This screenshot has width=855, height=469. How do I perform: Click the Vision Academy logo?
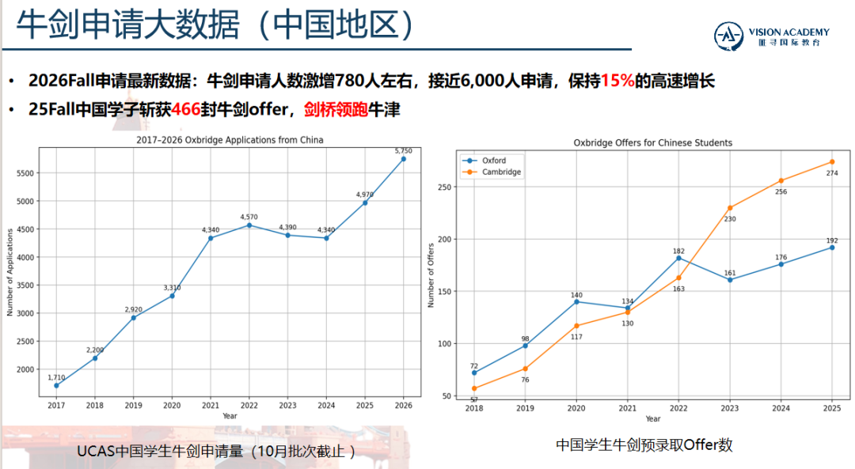[771, 36]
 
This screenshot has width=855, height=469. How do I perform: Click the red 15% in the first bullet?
[617, 81]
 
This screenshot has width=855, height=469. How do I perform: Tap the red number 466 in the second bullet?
[187, 110]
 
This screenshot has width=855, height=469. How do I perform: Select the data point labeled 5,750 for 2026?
[403, 159]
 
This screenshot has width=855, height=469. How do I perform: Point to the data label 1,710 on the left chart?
[56, 377]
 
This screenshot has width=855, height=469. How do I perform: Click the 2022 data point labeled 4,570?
[249, 225]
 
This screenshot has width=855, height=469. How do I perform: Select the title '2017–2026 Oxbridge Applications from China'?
[230, 140]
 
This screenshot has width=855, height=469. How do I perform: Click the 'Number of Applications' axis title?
[10, 272]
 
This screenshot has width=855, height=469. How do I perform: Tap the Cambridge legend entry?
[500, 172]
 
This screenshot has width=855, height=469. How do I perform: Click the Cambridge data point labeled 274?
[832, 162]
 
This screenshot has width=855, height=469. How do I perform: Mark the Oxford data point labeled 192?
[832, 248]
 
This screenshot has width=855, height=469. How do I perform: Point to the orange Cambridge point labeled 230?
[730, 208]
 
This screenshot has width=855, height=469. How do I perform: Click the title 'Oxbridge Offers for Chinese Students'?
[652, 143]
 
